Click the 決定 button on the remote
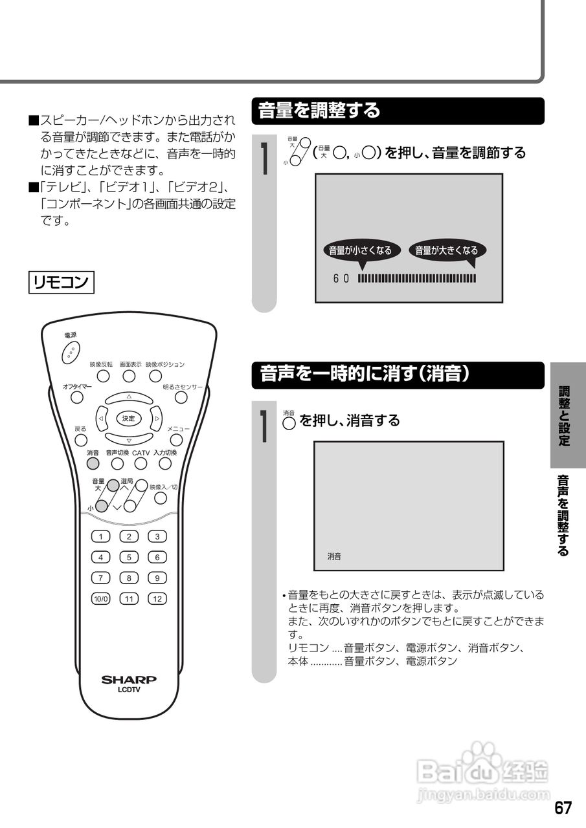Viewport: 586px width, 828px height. click(129, 419)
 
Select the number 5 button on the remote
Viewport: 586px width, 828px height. click(129, 557)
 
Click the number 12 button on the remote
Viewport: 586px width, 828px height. click(157, 598)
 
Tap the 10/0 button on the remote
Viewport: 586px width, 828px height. click(100, 598)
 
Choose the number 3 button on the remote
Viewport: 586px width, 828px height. click(157, 536)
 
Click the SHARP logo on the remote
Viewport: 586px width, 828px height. click(129, 680)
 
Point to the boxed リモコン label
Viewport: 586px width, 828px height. click(62, 283)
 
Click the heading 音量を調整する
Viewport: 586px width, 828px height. click(319, 111)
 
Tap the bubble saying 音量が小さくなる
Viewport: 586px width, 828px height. click(360, 250)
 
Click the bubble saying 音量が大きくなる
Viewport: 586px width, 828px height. click(446, 250)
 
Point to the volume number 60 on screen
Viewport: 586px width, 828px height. click(341, 279)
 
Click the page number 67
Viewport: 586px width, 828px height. click(563, 808)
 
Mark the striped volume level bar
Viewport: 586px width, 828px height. click(416, 279)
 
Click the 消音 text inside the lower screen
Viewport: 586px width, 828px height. click(334, 556)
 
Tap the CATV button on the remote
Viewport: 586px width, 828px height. click(141, 463)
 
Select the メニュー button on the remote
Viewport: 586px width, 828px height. click(175, 441)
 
